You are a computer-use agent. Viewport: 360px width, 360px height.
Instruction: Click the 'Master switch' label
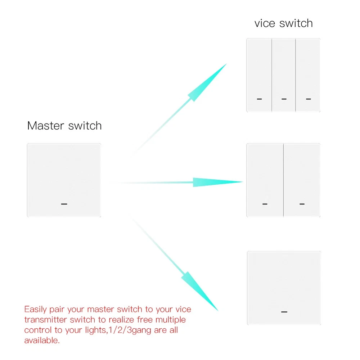64,126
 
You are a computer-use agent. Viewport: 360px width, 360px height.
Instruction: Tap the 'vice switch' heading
284,23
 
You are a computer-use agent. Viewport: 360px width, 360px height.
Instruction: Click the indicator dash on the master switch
64,204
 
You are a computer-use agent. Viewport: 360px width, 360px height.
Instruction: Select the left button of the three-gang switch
259,75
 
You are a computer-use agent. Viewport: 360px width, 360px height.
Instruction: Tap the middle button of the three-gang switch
284,75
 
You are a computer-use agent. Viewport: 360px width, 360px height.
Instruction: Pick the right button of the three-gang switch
308,75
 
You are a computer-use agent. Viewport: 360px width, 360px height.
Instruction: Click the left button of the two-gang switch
265,180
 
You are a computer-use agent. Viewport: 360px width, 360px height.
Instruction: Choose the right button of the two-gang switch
302,180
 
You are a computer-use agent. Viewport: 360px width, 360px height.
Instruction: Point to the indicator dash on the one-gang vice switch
284,312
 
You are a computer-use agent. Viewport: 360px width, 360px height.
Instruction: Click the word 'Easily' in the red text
36,310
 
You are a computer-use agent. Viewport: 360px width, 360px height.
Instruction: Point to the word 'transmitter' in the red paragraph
46,320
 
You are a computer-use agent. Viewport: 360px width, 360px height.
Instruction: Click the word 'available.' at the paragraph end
42,341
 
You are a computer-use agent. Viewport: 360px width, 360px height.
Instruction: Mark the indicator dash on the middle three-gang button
284,99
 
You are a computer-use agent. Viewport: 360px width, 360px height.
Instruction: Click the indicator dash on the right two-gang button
302,204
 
